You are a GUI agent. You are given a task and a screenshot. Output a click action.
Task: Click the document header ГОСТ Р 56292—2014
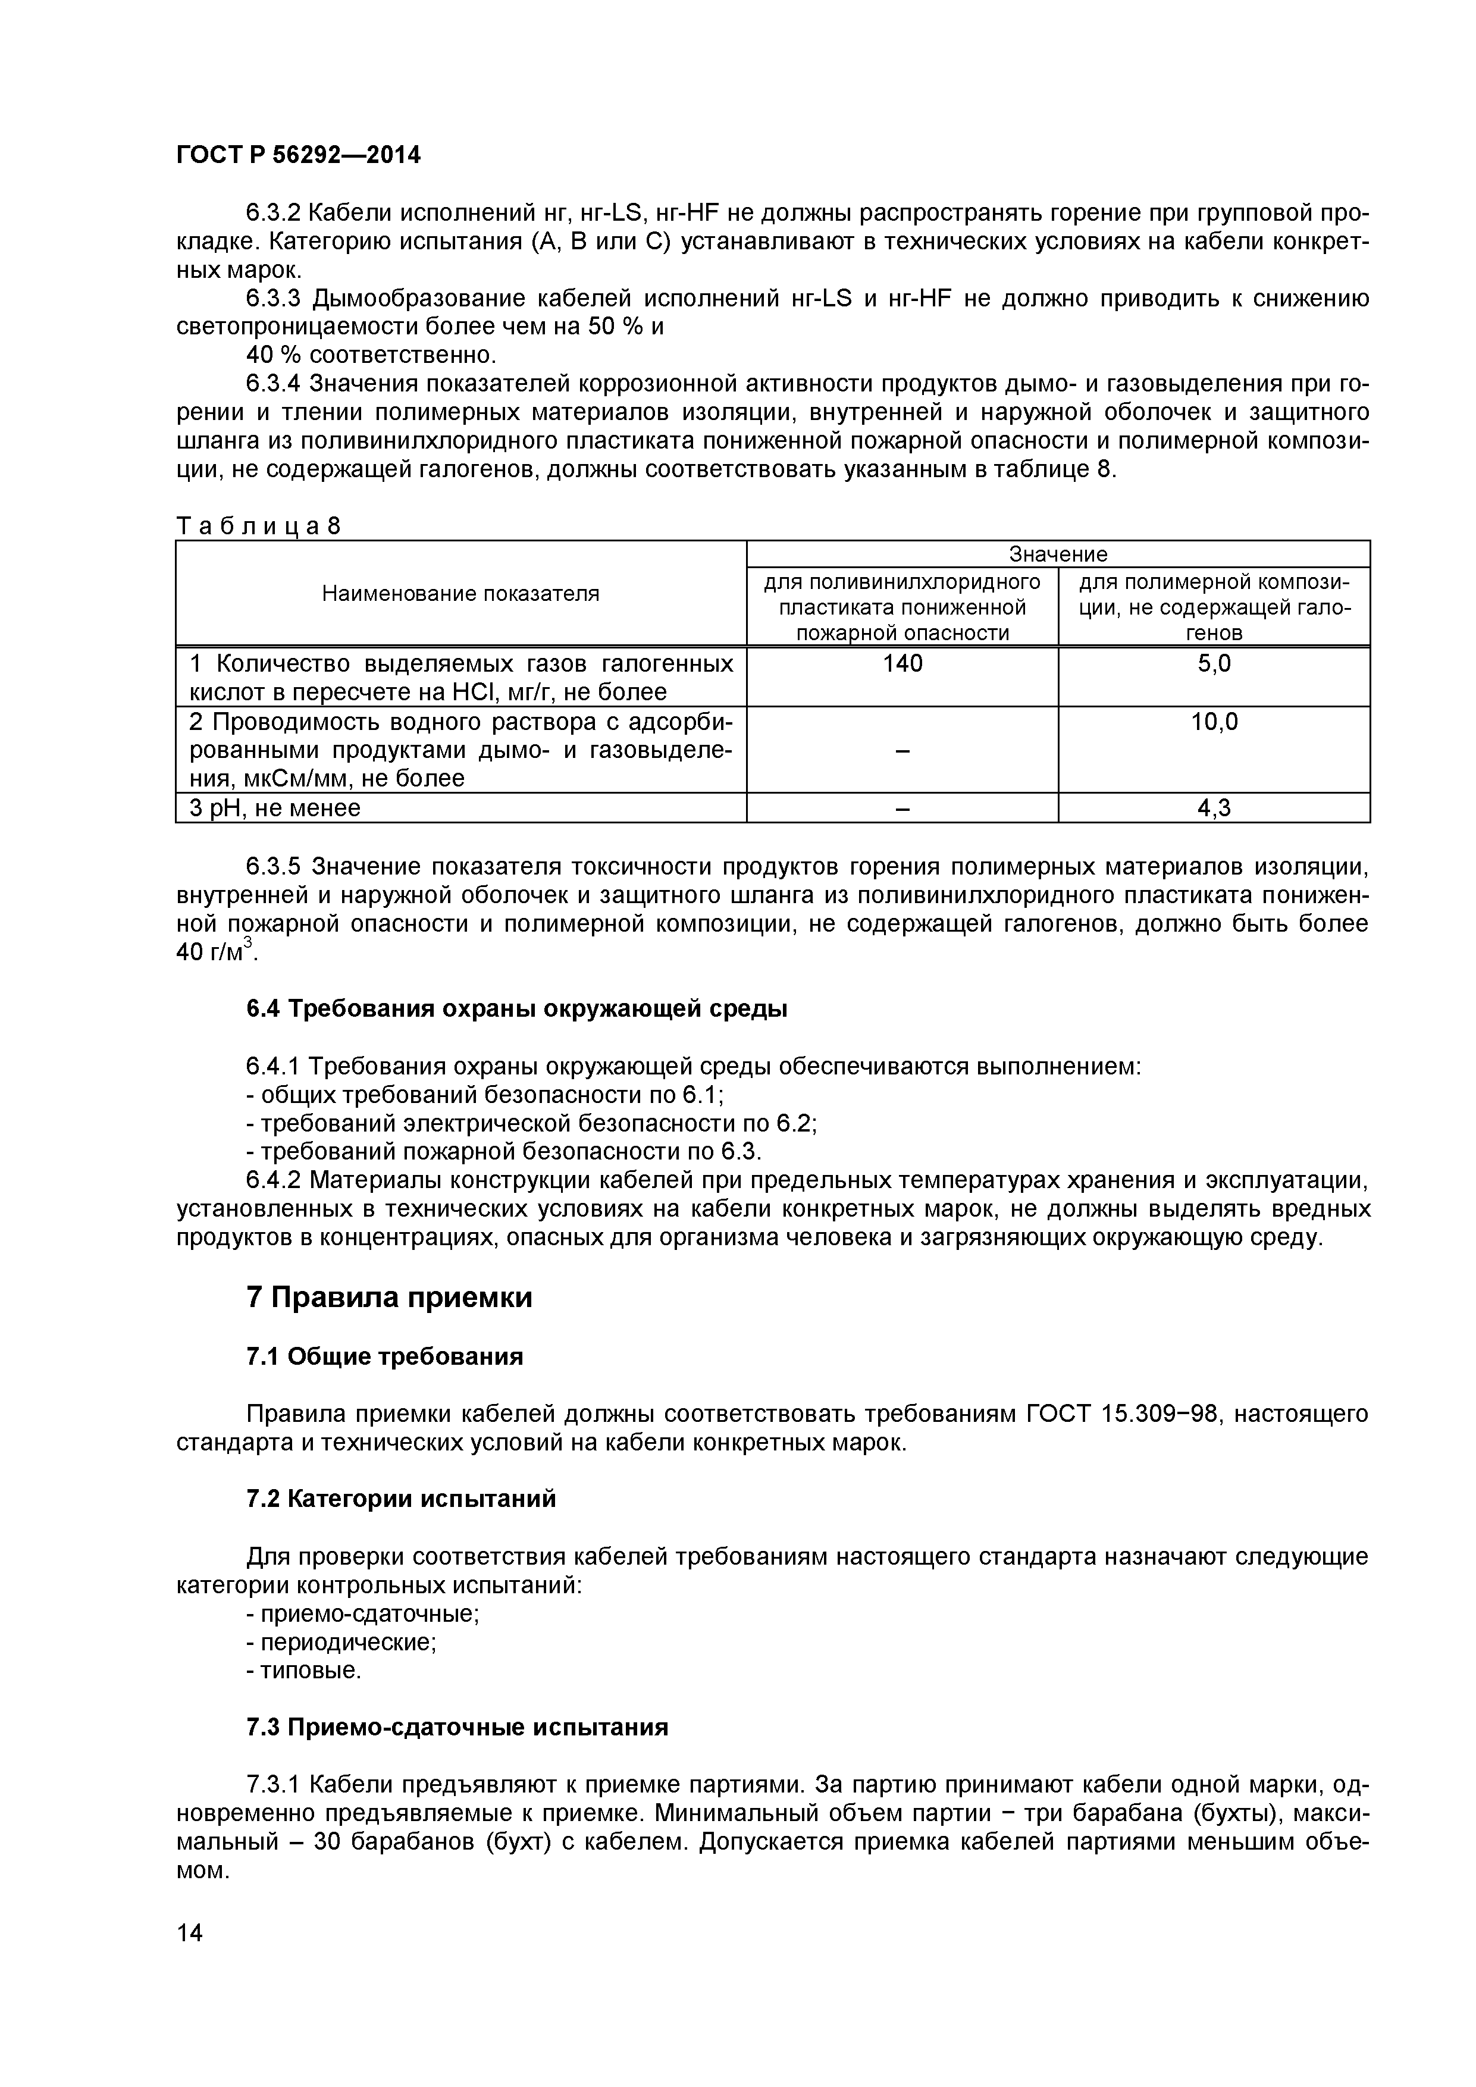click(298, 155)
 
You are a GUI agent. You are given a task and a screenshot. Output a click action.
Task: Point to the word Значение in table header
click(1058, 553)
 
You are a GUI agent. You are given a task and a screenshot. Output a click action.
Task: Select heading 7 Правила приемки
click(389, 1297)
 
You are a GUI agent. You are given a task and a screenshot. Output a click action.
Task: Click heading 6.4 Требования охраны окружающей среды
click(516, 1009)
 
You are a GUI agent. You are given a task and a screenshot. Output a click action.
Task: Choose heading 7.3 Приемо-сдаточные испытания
click(457, 1727)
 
